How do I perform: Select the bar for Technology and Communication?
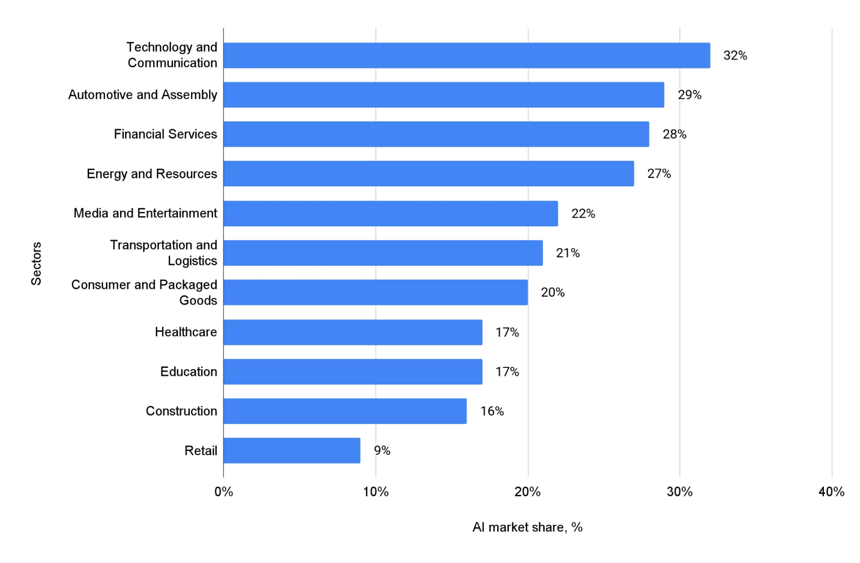tap(466, 55)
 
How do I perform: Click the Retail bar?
tap(292, 450)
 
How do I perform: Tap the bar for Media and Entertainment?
tap(390, 213)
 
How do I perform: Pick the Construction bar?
tap(345, 411)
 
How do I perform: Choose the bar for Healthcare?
tap(353, 332)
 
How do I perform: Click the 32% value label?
tap(735, 55)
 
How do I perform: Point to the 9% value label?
tap(382, 450)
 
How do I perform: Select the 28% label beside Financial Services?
tap(674, 134)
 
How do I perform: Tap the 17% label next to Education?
tap(507, 372)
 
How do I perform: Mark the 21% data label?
tap(567, 253)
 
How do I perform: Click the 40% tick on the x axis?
tap(831, 492)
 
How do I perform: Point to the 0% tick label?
tap(224, 492)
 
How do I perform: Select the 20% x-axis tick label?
tap(527, 492)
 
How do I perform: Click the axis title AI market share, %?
tap(527, 527)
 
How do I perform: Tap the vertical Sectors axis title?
tap(36, 263)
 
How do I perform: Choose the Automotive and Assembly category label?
tap(143, 95)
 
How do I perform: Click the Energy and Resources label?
tap(152, 174)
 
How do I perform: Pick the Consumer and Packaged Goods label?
tap(144, 292)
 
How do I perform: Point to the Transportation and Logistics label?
tap(163, 253)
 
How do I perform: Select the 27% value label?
tap(659, 174)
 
